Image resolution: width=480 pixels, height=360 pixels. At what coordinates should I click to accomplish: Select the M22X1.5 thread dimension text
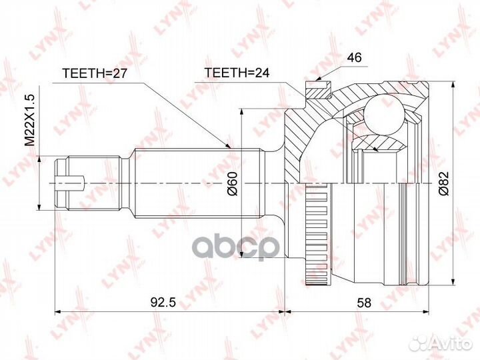(29, 120)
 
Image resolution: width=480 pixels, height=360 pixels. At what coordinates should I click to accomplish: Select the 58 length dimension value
(363, 302)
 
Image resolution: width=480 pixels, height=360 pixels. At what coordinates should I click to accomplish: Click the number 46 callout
(354, 58)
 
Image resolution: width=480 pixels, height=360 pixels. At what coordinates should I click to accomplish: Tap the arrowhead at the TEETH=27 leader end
(228, 145)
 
